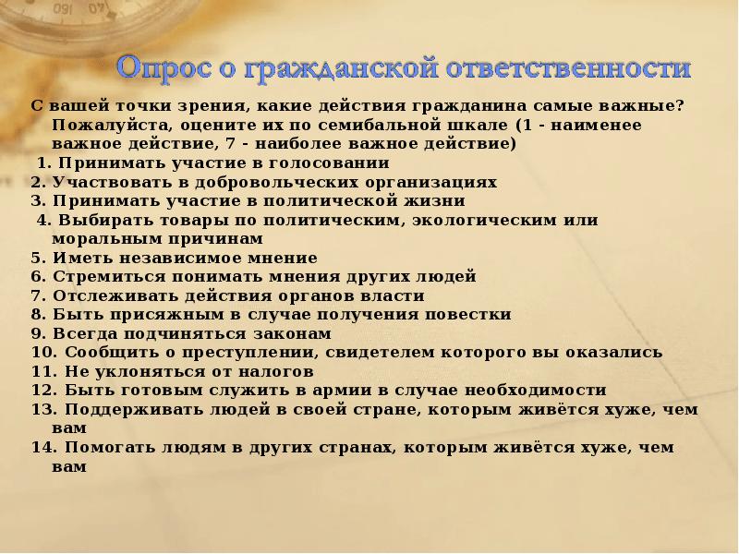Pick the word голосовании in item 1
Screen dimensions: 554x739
325,163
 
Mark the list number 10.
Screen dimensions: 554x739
42,352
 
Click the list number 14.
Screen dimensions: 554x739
42,447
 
